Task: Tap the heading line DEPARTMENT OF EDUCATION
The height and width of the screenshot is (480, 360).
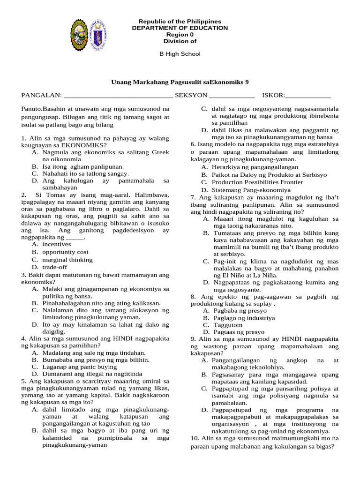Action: [x=180, y=28]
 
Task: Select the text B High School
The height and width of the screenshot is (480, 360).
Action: [x=180, y=54]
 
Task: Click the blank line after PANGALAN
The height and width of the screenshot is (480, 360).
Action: [x=118, y=96]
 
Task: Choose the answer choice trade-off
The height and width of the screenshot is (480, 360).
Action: [x=55, y=267]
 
